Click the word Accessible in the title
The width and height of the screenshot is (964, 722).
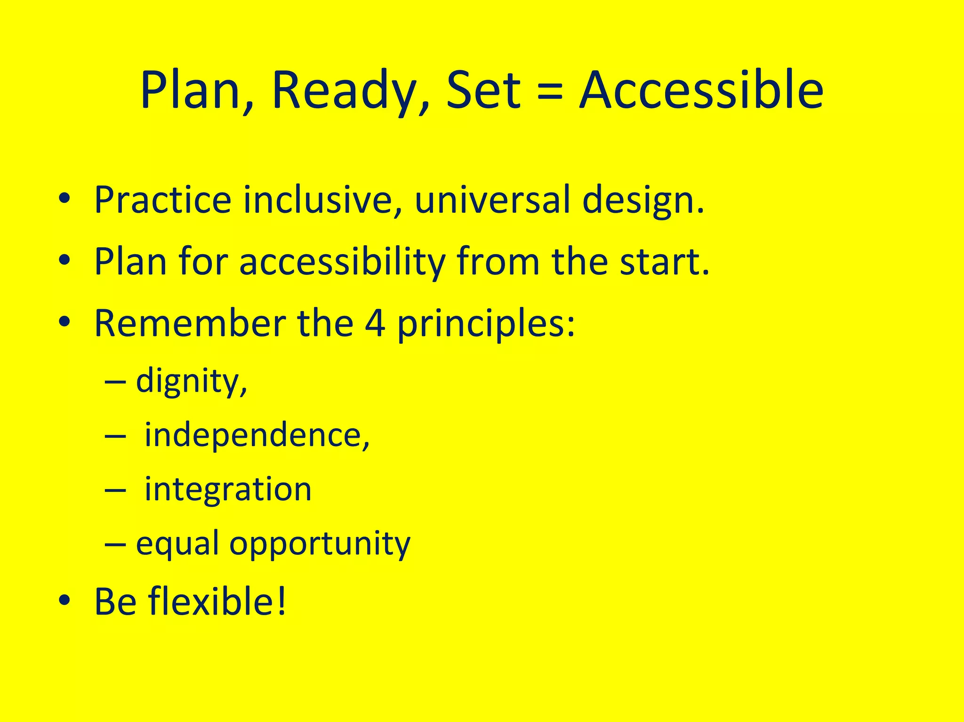(701, 90)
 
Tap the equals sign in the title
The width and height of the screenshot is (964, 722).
(550, 91)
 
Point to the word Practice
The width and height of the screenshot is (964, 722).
(163, 200)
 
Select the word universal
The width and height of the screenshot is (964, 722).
(492, 200)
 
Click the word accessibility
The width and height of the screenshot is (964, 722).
(342, 262)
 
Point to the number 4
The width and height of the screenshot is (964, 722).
(375, 324)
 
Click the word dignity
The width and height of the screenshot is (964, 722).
(191, 381)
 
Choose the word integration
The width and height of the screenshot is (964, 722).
(228, 489)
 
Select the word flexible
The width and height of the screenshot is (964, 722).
(216, 601)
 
